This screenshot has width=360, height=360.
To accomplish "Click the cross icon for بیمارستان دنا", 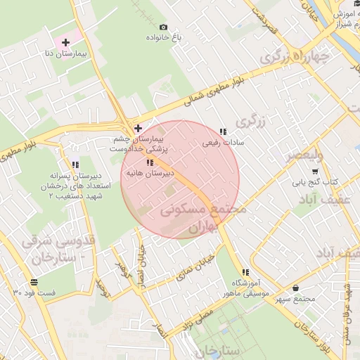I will [65, 43].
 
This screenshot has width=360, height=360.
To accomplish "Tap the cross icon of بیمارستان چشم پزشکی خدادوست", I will [138, 129].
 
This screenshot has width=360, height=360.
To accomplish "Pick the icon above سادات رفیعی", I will [223, 131].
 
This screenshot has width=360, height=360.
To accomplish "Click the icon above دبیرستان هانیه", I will [148, 162].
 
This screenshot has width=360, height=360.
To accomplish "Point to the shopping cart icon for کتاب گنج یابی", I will [314, 171].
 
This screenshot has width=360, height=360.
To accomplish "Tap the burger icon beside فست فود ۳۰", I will [34, 282].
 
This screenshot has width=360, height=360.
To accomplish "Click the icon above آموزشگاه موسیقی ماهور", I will [245, 273].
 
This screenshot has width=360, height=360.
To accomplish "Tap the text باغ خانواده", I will [164, 37].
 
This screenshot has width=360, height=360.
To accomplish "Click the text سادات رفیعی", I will [222, 143].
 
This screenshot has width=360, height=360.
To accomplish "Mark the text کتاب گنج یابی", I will [316, 182].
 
